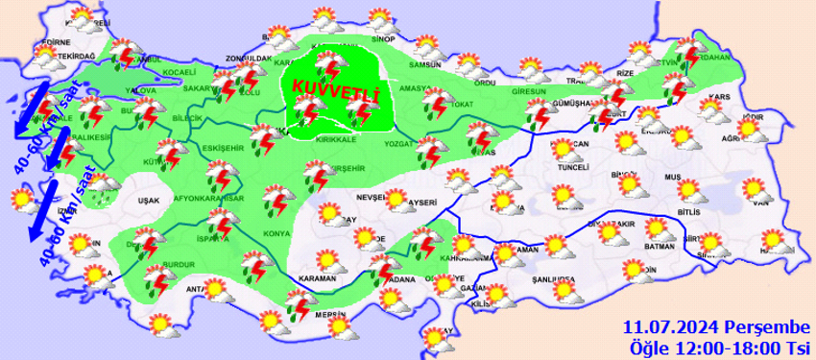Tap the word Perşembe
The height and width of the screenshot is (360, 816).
point(756,326)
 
